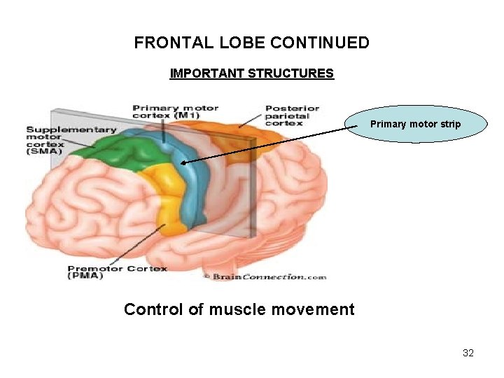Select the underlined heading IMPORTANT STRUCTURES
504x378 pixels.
point(252,73)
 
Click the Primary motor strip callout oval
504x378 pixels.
point(415,124)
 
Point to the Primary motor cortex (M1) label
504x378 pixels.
point(175,112)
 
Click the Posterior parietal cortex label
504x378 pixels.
point(292,115)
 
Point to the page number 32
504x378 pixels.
point(468,353)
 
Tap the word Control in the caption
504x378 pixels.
point(153,309)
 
